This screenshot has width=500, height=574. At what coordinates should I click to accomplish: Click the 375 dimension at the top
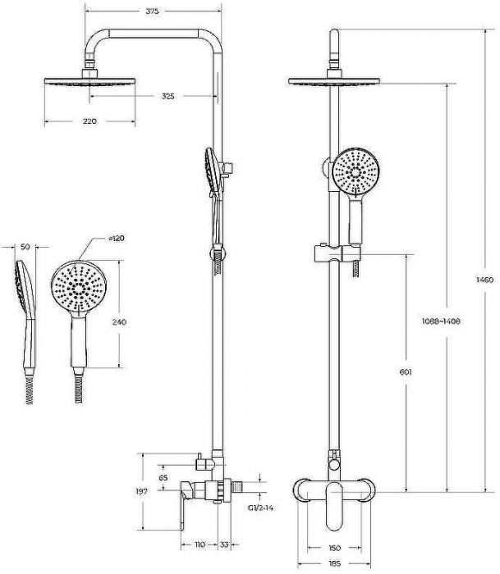click(x=152, y=11)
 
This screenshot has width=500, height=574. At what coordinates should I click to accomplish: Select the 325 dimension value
click(x=167, y=96)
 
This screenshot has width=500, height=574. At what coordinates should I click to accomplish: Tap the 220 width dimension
click(x=89, y=121)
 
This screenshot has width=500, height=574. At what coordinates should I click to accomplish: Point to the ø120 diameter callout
click(x=117, y=239)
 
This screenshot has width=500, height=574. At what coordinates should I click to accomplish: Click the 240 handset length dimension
click(x=119, y=321)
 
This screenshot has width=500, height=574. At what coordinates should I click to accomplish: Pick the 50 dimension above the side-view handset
click(x=25, y=247)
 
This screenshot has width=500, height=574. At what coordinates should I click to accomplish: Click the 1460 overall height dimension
click(x=484, y=280)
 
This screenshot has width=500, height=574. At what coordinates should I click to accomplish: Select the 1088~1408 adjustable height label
click(x=441, y=321)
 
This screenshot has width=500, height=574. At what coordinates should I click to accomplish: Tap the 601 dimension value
click(x=406, y=372)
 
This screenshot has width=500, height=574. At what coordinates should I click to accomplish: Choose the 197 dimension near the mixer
click(x=141, y=492)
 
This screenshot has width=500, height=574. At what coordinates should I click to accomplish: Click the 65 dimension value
click(x=163, y=478)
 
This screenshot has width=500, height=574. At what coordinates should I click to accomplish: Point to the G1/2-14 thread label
click(x=260, y=508)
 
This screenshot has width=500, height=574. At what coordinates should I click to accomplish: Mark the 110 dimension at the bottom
click(x=199, y=544)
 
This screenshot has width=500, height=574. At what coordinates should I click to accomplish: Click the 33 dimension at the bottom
click(x=224, y=544)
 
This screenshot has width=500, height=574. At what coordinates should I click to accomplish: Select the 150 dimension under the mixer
click(x=334, y=548)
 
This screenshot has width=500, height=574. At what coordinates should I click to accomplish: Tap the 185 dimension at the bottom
click(x=334, y=563)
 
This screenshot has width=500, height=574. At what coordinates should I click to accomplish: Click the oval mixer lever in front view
click(x=334, y=507)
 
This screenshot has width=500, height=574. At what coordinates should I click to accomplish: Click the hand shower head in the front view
click(x=356, y=172)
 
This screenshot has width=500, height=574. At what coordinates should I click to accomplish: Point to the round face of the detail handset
click(x=79, y=288)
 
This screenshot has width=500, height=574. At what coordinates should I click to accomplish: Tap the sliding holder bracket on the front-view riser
click(x=337, y=253)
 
